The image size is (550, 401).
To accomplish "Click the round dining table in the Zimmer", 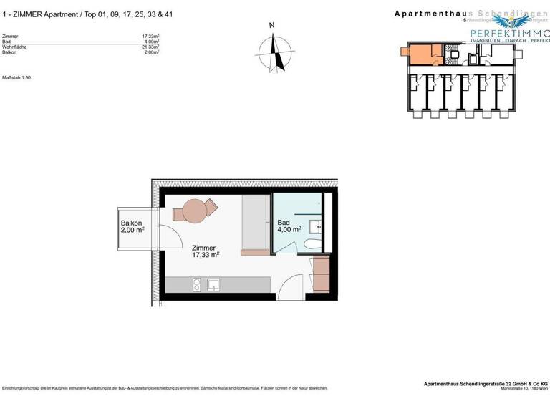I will click(x=195, y=211).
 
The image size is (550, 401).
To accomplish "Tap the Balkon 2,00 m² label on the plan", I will click(x=132, y=227).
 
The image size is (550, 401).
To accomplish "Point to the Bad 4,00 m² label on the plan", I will click(x=289, y=227).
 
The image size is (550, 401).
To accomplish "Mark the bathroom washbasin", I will click(x=315, y=227).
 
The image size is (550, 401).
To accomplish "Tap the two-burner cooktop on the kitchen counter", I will click(x=196, y=285).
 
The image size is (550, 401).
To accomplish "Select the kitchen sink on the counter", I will click(x=213, y=285).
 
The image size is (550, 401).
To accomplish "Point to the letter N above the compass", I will click(x=271, y=26).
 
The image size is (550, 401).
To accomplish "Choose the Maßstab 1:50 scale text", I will click(x=17, y=77).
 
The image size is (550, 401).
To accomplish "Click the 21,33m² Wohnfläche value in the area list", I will click(x=150, y=47).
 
